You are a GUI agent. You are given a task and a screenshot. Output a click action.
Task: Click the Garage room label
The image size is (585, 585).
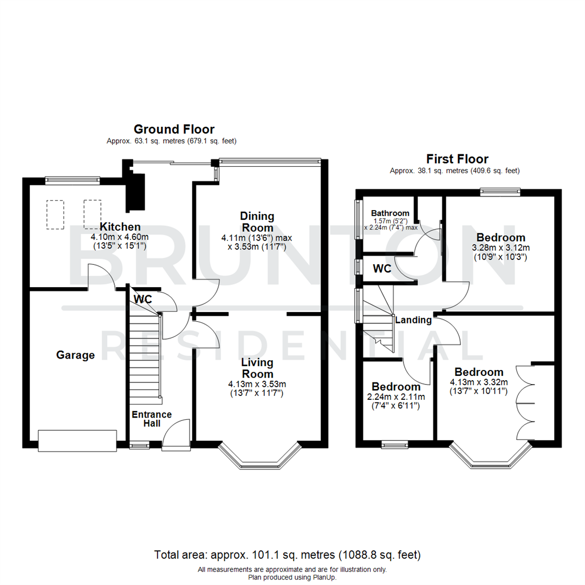coord(75,355)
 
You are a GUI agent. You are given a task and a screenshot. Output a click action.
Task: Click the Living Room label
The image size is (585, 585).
coord(257,368)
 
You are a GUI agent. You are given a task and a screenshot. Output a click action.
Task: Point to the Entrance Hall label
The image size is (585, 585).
coord(152,419)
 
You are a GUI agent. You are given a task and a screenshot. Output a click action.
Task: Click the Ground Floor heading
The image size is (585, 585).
coord(174,129)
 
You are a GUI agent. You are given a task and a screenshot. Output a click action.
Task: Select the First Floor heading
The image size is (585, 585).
coord(457,159)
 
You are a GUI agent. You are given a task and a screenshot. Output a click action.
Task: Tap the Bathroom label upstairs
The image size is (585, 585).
coord(389,213)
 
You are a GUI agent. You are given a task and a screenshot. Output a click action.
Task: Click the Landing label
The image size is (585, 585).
coord(413,320)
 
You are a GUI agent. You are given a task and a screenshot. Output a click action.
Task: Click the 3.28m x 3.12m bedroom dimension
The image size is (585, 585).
coord(500,248)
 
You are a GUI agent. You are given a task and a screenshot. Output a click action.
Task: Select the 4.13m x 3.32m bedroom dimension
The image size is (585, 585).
coord(479,382)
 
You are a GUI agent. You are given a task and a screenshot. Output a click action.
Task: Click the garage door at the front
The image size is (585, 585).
coord(77,440)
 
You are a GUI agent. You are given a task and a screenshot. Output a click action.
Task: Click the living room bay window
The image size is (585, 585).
coord(259,458)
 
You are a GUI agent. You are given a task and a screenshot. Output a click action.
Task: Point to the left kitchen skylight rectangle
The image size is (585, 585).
coord(56,214)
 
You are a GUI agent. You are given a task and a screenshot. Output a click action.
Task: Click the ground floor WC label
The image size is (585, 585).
coord(142,299)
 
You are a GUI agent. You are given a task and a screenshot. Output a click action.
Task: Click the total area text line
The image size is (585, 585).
coord(287,555)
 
